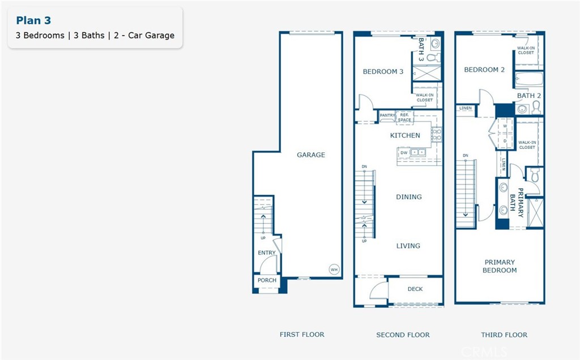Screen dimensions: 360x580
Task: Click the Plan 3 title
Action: click(33, 21)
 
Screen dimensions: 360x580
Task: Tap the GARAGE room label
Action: click(311, 155)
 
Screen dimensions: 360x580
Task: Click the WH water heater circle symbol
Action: click(334, 269)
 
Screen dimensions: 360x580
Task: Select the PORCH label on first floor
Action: click(267, 280)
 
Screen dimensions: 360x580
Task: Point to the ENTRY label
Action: click(267, 253)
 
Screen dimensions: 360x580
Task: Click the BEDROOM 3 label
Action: click(383, 72)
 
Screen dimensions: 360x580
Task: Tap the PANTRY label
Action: click(387, 116)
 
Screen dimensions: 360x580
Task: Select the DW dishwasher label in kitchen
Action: click(404, 153)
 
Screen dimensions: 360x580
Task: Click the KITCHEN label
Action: click(405, 135)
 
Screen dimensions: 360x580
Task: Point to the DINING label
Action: click(408, 197)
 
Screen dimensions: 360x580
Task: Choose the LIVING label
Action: click(408, 246)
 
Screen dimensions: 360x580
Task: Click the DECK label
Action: click(415, 289)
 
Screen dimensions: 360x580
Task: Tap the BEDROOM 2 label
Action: click(484, 70)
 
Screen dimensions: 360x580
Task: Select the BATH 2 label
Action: click(529, 96)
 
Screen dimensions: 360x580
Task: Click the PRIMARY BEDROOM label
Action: click(500, 266)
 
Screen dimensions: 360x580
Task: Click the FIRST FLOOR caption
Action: click(302, 335)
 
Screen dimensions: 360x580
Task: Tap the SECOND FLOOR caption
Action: click(403, 335)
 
